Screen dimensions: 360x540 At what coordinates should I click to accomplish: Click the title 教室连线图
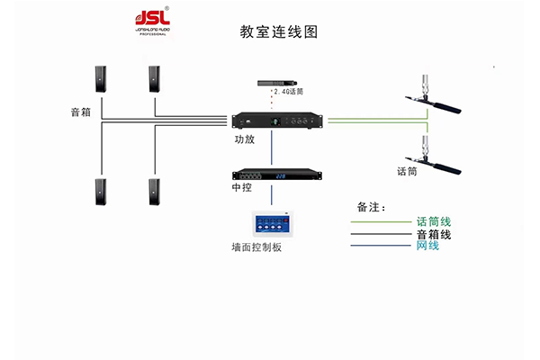point(279,32)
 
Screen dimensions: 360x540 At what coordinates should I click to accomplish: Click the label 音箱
point(80,113)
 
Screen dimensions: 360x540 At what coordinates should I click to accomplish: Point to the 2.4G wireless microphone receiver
point(278,81)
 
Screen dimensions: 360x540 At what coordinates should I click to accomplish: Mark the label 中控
point(240,190)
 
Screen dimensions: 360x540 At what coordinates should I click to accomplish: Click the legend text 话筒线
point(434,221)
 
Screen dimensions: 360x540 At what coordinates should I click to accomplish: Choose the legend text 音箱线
point(434,234)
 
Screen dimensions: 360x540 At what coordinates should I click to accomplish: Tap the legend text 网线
point(427,246)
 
